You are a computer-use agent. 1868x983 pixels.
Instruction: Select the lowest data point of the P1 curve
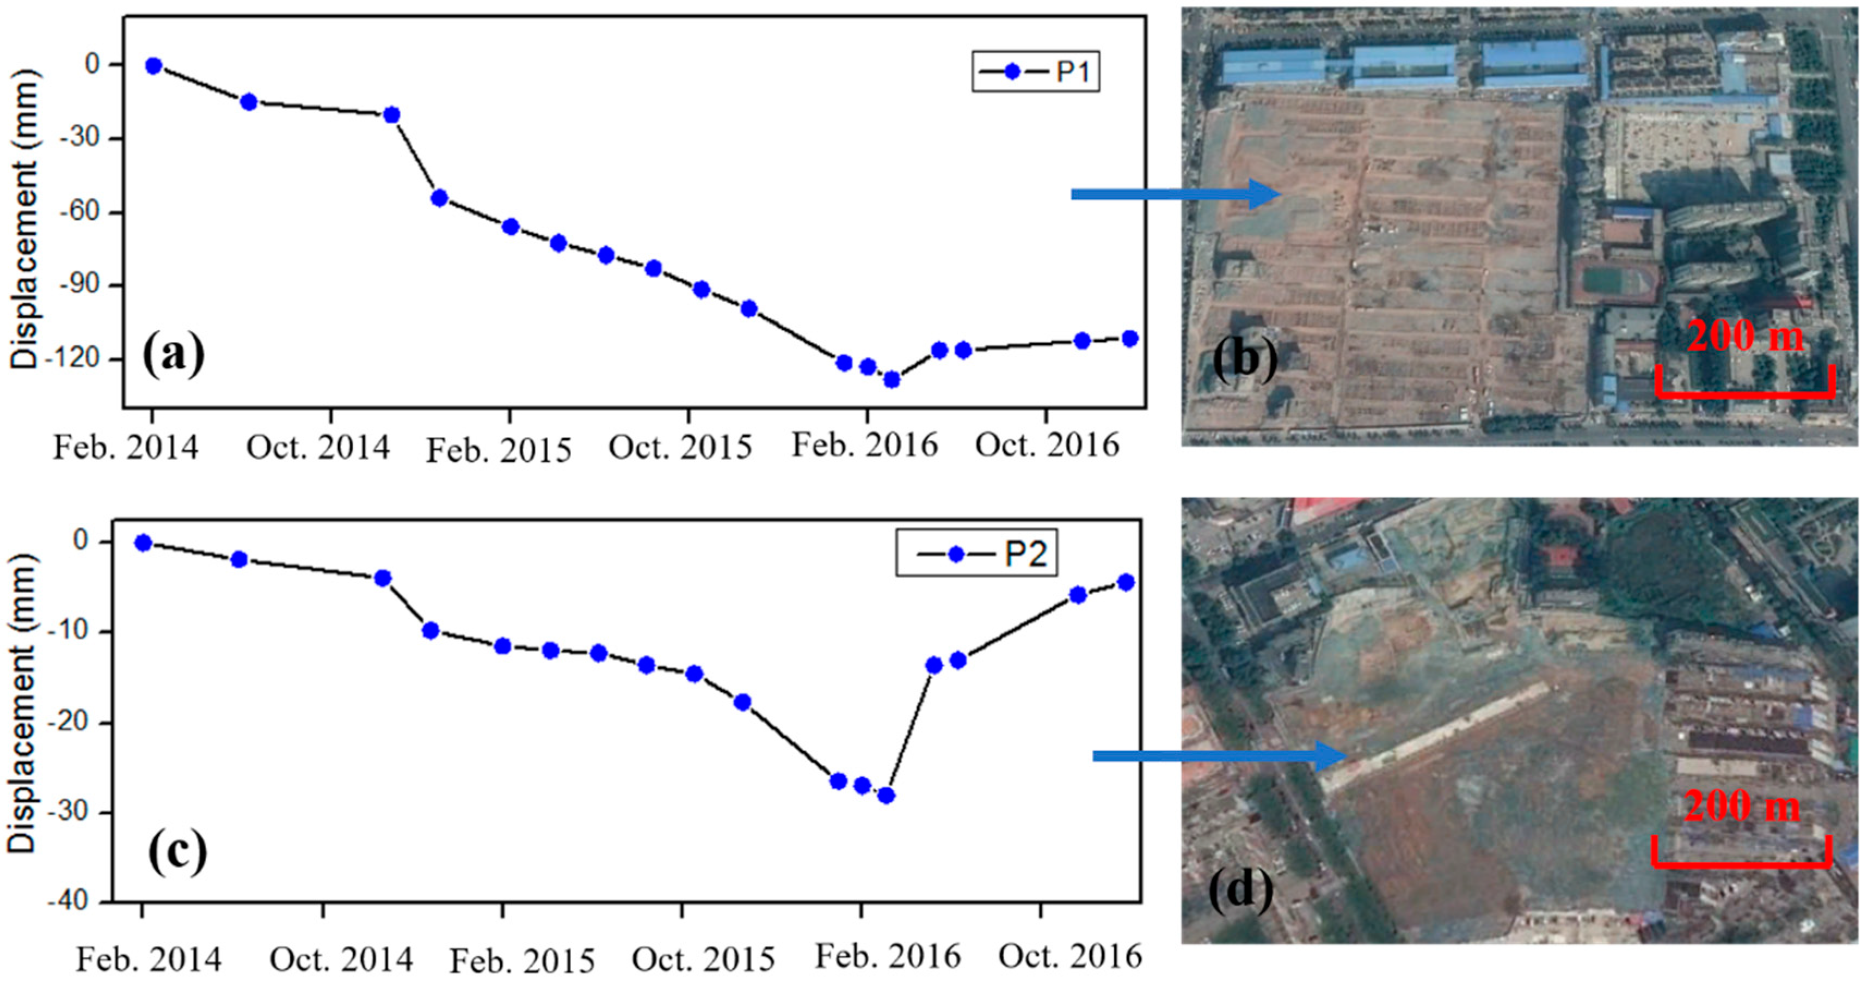click(891, 380)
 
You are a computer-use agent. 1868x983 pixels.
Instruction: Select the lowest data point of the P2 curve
click(886, 795)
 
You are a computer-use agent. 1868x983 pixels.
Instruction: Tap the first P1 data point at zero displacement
click(153, 66)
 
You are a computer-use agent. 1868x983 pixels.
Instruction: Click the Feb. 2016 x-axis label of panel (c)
click(888, 956)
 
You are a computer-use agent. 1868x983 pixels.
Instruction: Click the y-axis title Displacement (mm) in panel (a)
click(23, 218)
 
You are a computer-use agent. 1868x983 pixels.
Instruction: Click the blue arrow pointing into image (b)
click(1175, 194)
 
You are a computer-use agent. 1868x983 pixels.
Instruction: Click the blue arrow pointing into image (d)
click(1218, 756)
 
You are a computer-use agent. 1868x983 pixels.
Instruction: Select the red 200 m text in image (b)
click(1744, 336)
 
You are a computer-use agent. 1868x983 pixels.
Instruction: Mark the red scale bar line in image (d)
click(1741, 863)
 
